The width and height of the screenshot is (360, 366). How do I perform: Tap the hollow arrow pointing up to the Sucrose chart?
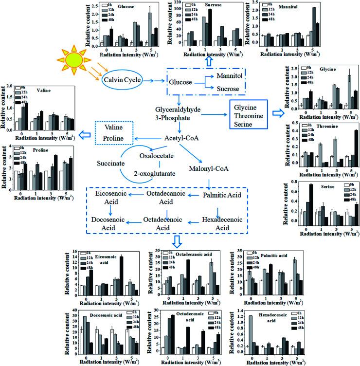click(x=208, y=60)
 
